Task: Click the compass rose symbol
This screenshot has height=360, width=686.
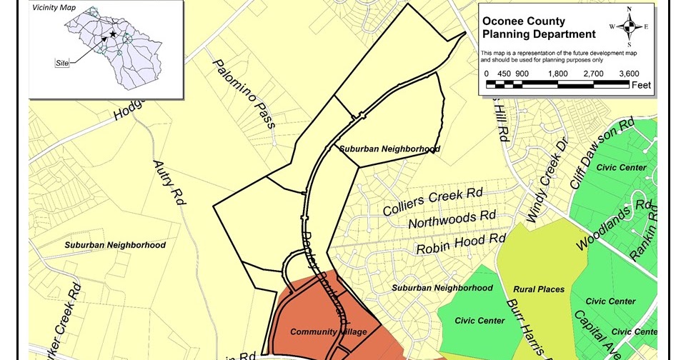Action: [629, 26]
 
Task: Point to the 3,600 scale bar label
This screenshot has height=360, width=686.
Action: [628, 73]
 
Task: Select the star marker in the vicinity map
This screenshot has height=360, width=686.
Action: [112, 34]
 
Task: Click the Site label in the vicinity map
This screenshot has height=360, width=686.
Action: [63, 63]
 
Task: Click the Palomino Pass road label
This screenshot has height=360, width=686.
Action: [244, 94]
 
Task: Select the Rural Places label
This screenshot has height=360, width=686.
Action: [539, 289]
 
